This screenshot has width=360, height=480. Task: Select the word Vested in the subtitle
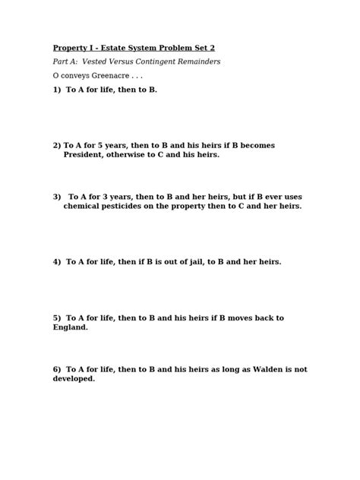coord(96,62)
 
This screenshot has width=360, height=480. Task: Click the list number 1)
coord(57,90)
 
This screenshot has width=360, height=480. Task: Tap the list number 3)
coord(57,196)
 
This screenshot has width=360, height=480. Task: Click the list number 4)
coord(57,261)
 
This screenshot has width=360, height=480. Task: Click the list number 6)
coord(57,369)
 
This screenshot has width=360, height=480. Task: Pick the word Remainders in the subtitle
coord(202,62)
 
